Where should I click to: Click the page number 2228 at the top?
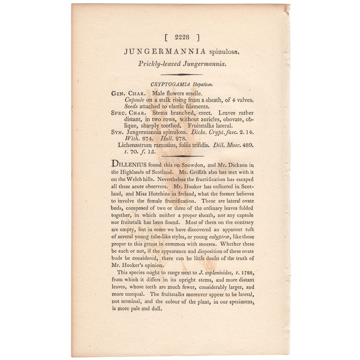[x=182, y=37]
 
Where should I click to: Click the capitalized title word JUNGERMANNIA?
[x=165, y=52]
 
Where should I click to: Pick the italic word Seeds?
[x=131, y=106]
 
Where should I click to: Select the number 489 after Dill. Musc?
[x=248, y=145]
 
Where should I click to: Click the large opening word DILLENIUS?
[x=129, y=164]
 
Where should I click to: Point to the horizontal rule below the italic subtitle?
[x=182, y=74]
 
